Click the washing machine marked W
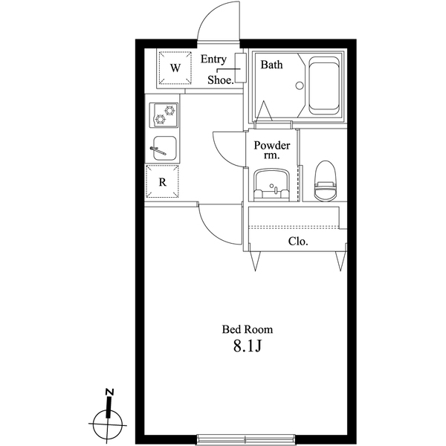pyautogui.click(x=175, y=68)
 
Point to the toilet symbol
pyautogui.click(x=325, y=182)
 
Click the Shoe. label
pyautogui.click(x=221, y=79)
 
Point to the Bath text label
pyautogui.click(x=271, y=65)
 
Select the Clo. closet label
pyautogui.click(x=298, y=242)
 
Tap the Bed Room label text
pyautogui.click(x=248, y=329)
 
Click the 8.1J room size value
pyautogui.click(x=248, y=346)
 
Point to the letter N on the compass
pyautogui.click(x=109, y=392)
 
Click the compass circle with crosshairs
pyautogui.click(x=107, y=426)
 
